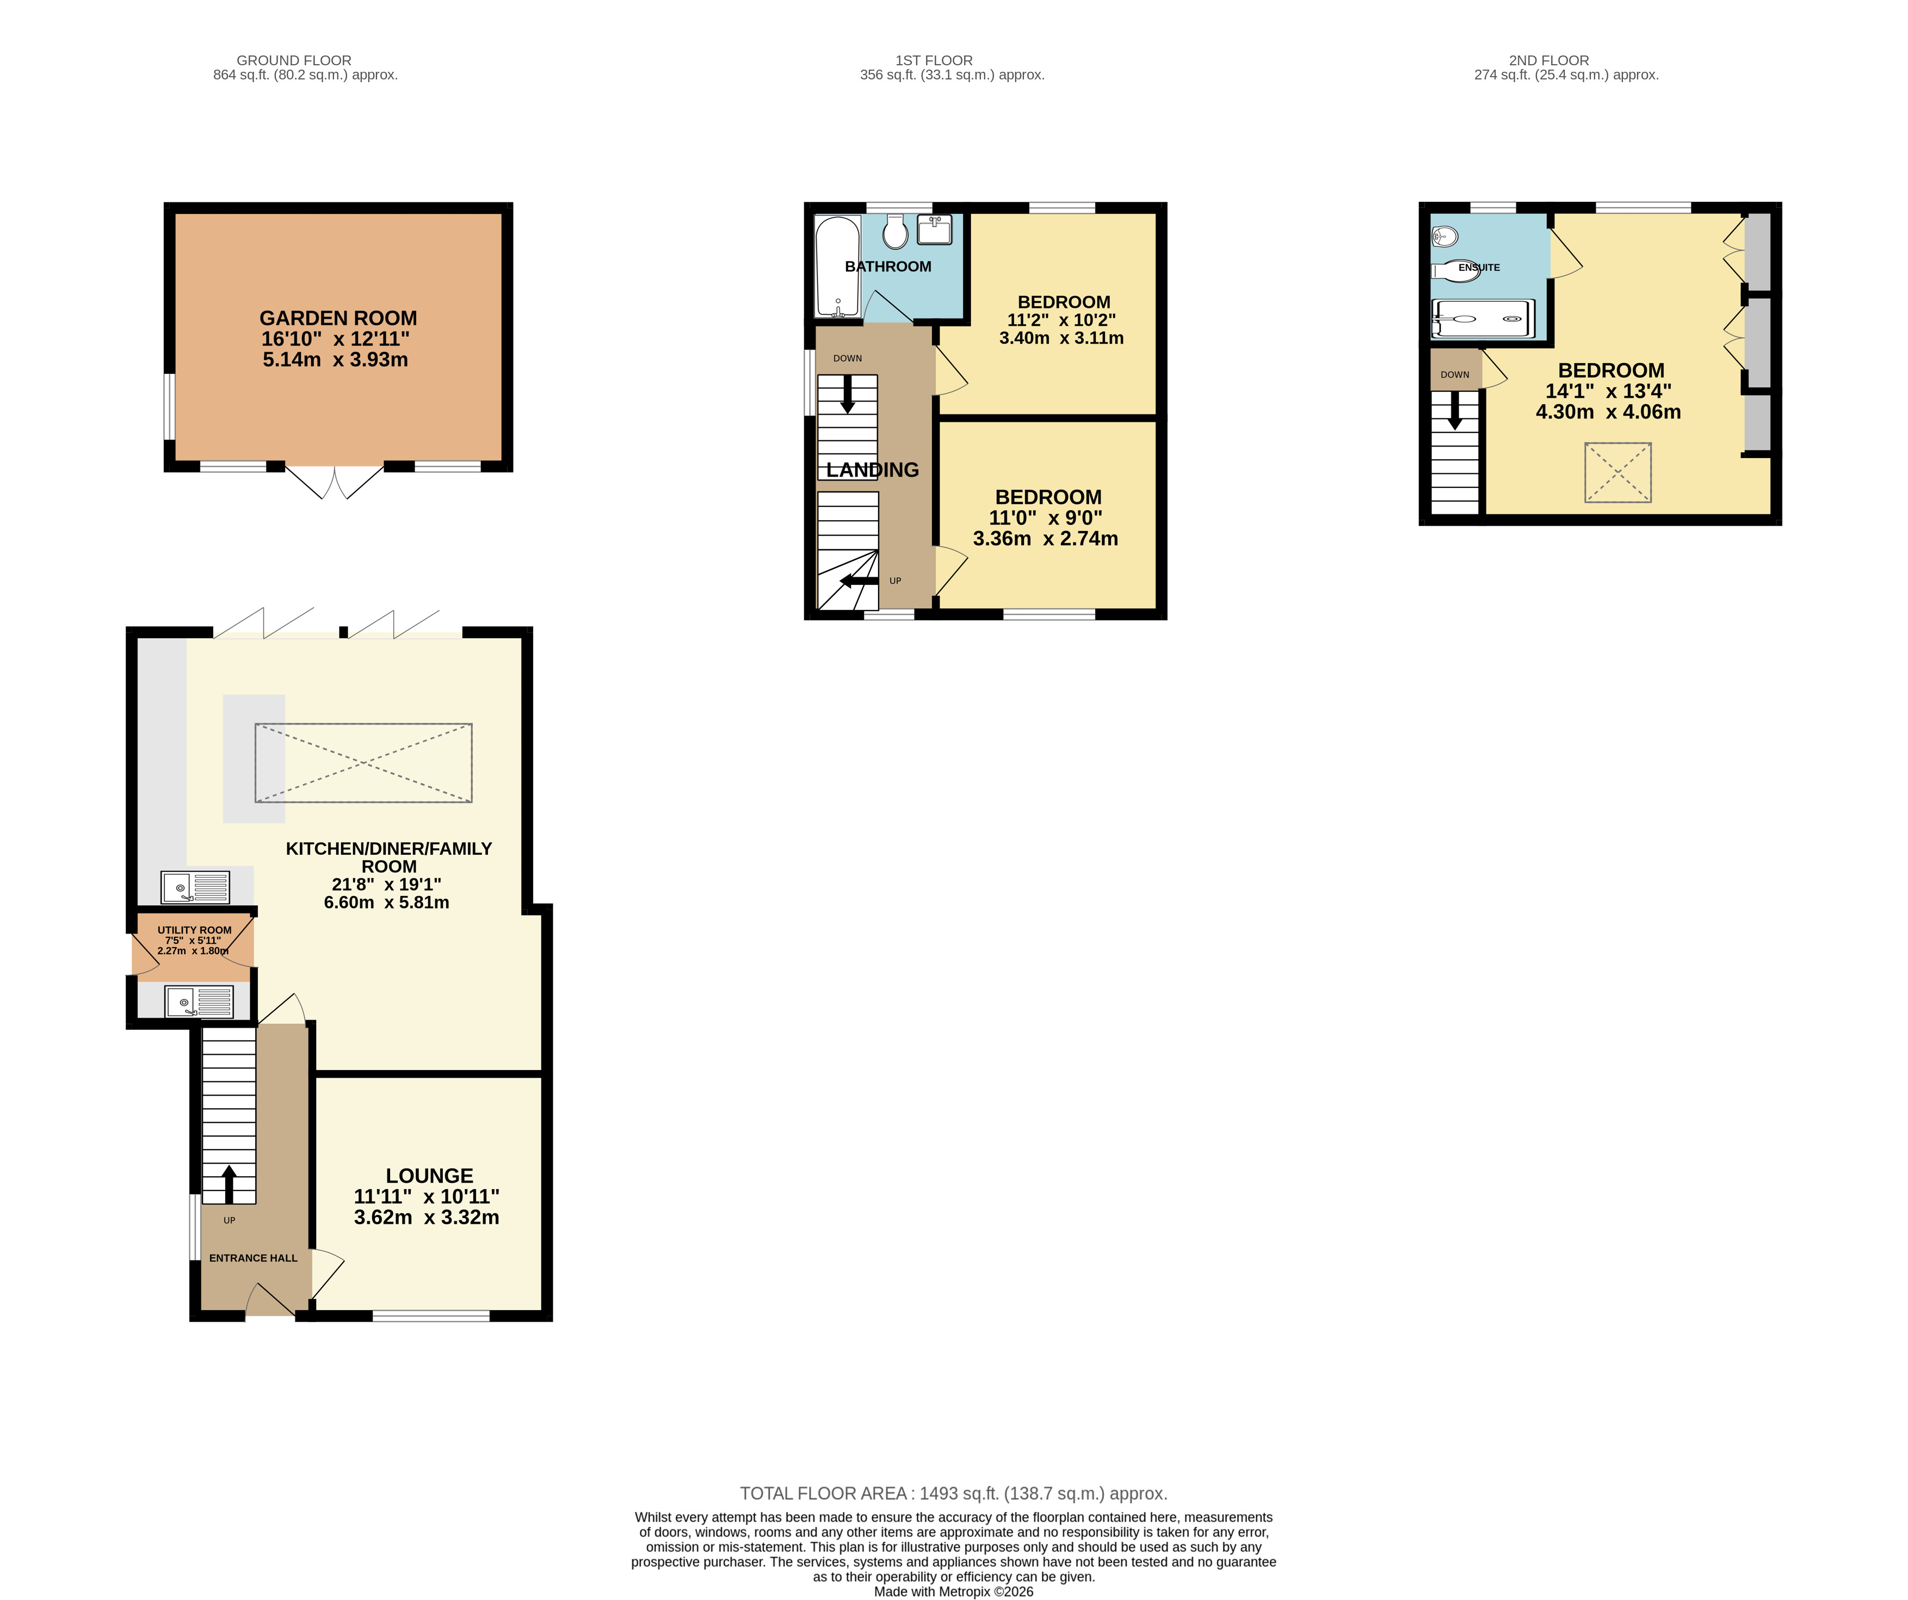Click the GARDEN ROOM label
[x=338, y=318]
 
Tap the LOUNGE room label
[x=429, y=1176]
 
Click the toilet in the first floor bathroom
[x=895, y=232]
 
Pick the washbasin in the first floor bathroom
[x=934, y=230]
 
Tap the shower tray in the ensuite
[x=1482, y=319]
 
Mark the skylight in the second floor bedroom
[x=1618, y=472]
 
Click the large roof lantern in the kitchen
[x=363, y=763]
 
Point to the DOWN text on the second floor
[x=1455, y=374]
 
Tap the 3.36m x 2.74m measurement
[x=1046, y=539]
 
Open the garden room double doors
[x=335, y=483]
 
